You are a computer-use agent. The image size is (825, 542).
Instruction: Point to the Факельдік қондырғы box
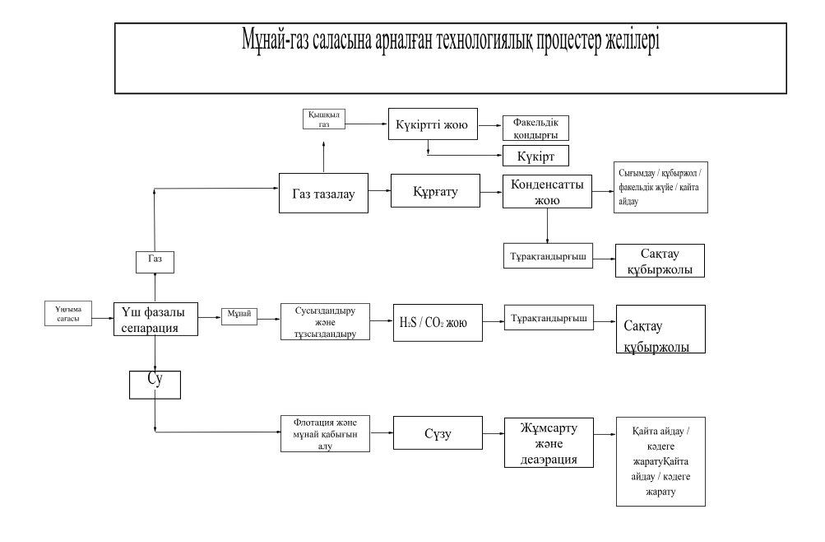point(536,127)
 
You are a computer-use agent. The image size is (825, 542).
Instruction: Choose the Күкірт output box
point(536,154)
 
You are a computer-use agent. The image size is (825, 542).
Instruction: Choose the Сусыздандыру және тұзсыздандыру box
point(322,322)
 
